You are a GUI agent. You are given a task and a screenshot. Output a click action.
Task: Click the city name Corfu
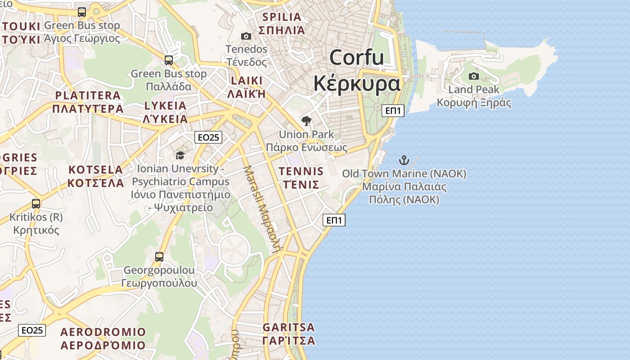357,58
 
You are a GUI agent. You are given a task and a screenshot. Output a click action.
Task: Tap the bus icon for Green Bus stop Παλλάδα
169,60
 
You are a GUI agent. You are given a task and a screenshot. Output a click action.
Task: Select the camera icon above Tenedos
246,36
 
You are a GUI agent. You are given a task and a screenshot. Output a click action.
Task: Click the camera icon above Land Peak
474,76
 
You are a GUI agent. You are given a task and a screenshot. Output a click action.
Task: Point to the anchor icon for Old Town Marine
404,160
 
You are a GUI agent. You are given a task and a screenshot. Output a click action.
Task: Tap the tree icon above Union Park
306,121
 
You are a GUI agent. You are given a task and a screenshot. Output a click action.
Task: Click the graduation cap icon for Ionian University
180,155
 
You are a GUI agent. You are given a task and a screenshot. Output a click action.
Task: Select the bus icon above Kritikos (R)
36,203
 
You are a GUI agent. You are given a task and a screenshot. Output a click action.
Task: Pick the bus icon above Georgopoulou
159,256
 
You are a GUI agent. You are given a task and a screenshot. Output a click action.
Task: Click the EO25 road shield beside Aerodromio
32,330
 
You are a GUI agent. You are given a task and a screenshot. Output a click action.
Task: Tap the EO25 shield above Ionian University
209,137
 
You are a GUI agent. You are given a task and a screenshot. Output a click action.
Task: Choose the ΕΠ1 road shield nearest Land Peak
393,111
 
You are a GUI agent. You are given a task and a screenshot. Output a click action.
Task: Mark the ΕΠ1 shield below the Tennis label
334,220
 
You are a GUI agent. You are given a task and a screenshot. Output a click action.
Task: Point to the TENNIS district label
301,171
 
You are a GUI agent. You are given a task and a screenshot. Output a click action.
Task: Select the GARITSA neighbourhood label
288,327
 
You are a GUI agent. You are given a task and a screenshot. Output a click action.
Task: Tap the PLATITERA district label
88,95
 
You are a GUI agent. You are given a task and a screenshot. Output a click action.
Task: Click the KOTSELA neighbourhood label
95,170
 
